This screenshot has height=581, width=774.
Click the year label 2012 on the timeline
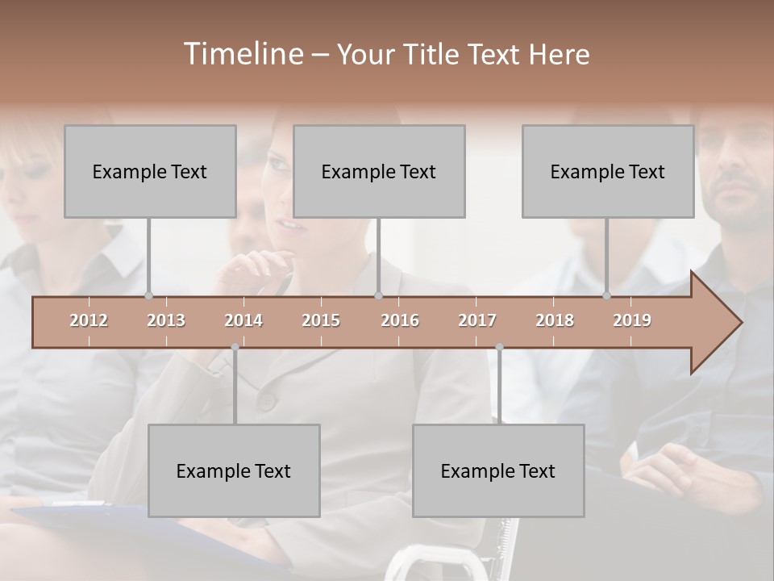pos(89,320)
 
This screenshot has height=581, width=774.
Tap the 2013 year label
pos(166,320)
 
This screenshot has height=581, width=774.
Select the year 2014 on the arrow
pos(243,320)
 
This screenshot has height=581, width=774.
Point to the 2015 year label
pos(321,320)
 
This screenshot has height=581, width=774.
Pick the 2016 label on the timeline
pos(400,320)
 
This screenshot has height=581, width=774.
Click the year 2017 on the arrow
pos(477,320)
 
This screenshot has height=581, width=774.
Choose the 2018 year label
pos(555,320)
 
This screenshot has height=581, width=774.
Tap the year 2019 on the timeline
pos(632,320)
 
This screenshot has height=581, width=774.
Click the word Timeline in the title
pos(242,54)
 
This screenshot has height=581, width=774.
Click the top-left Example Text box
pos(150,171)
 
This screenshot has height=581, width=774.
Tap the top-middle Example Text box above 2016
pos(379,171)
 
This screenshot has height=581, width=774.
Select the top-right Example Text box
pos(608,171)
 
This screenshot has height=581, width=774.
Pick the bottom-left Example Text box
pos(234,470)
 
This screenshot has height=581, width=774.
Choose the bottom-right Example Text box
pos(498,470)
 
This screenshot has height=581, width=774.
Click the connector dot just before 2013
pos(148,296)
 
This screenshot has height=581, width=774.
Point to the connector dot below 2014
pos(235,347)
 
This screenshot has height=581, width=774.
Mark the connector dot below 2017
pos(499,347)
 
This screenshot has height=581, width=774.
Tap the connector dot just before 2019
pos(606,296)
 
